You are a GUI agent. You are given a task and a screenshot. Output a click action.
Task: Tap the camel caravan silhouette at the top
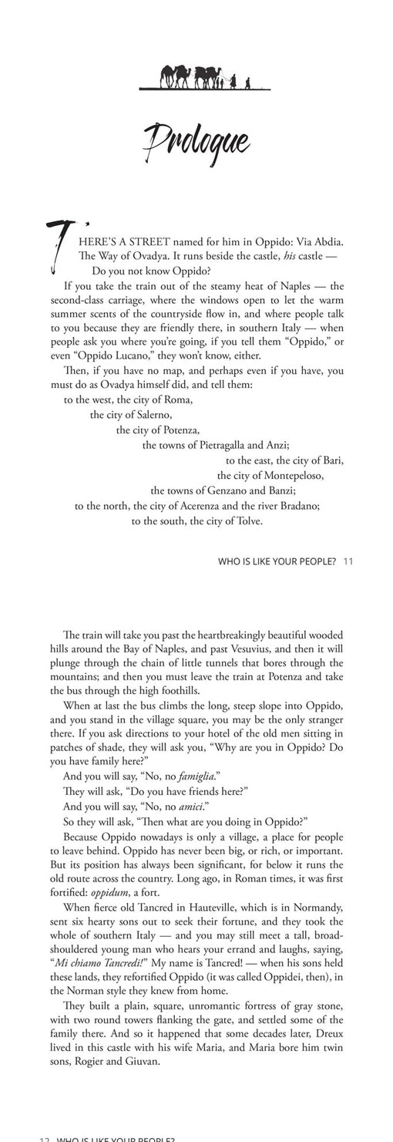click(197, 77)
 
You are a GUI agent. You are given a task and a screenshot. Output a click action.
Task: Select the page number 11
click(348, 561)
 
